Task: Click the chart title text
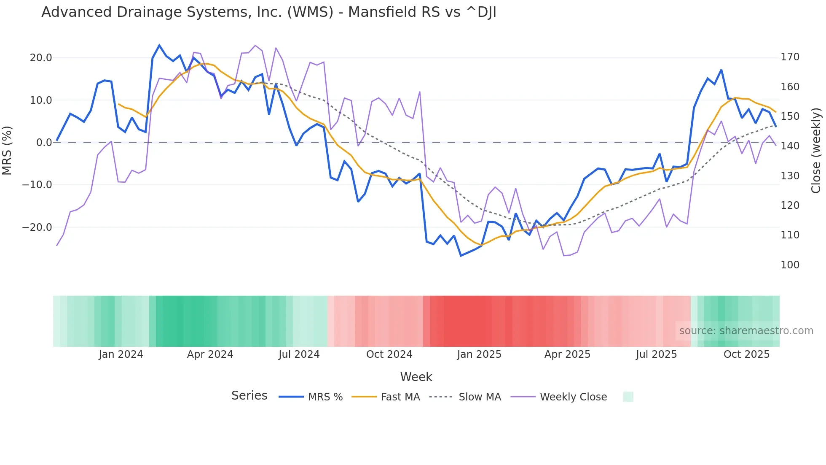pyautogui.click(x=268, y=12)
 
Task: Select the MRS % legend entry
pyautogui.click(x=311, y=397)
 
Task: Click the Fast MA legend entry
pyautogui.click(x=386, y=397)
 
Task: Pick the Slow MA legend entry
pyautogui.click(x=465, y=397)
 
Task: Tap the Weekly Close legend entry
pyautogui.click(x=559, y=397)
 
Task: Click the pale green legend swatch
pyautogui.click(x=628, y=397)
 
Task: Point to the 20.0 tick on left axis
pyautogui.click(x=41, y=58)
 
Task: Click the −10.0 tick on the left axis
pyautogui.click(x=37, y=185)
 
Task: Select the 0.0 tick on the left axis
pyautogui.click(x=44, y=143)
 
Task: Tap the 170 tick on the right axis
pyautogui.click(x=790, y=57)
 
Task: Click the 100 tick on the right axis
pyautogui.click(x=790, y=265)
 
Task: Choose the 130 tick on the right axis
pyautogui.click(x=790, y=176)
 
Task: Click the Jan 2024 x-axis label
pyautogui.click(x=121, y=354)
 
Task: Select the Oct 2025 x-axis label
pyautogui.click(x=746, y=354)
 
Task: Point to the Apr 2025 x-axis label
pyautogui.click(x=567, y=354)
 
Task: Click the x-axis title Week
pyautogui.click(x=416, y=377)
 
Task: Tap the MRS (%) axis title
pyautogui.click(x=7, y=150)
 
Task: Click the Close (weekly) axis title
pyautogui.click(x=816, y=151)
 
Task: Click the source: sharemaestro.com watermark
pyautogui.click(x=746, y=331)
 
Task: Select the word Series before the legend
pyautogui.click(x=249, y=396)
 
